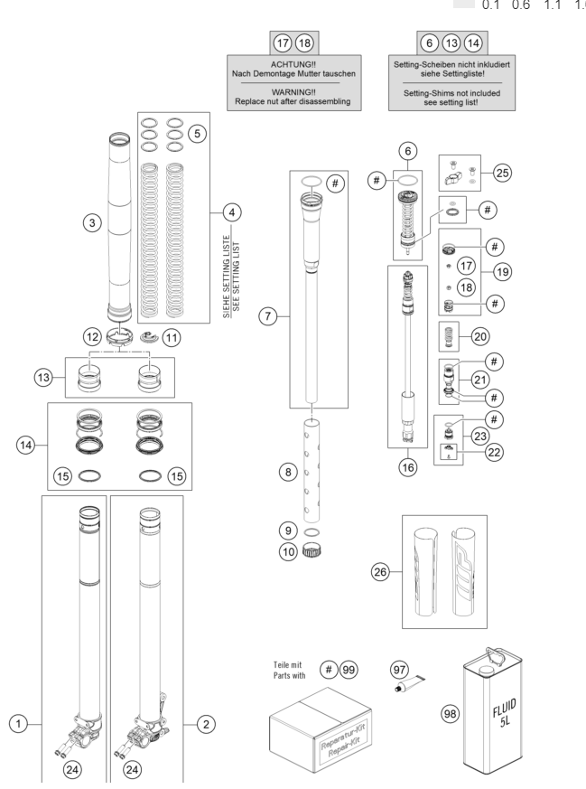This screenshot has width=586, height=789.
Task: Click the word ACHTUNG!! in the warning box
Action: pos(293,65)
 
